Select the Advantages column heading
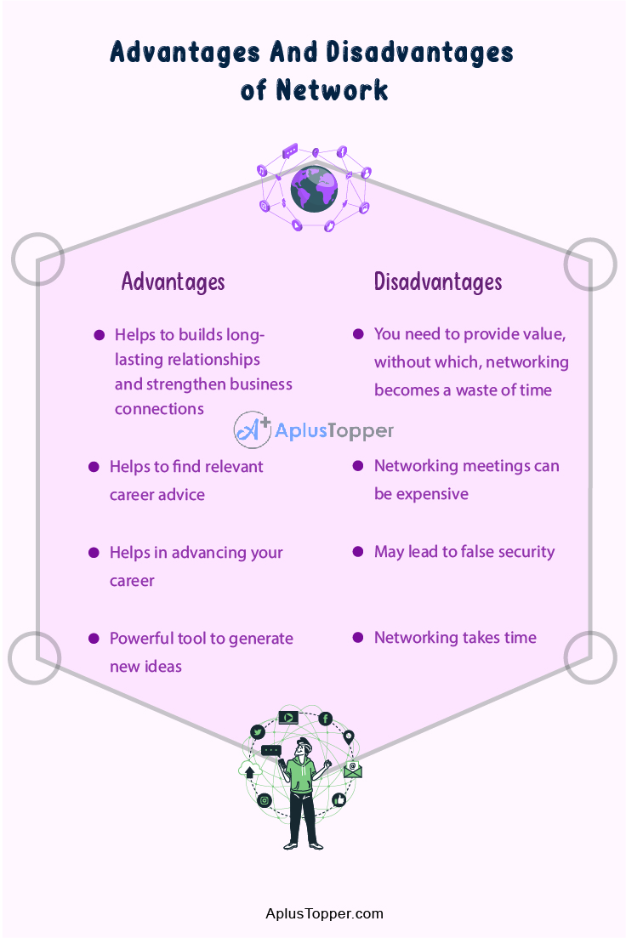pos(173,281)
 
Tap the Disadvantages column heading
pos(438,281)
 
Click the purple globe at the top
pos(314,189)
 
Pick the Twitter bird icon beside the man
pos(258,732)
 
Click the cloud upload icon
pos(249,770)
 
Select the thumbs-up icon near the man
pos(339,799)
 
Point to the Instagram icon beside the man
pos(265,800)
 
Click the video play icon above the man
pos(288,717)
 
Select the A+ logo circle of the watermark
pos(252,430)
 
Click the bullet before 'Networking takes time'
pos(358,638)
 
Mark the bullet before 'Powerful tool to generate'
pos(94,638)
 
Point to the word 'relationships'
pos(213,360)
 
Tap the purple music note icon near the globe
pos(262,171)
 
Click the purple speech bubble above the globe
pos(290,151)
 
